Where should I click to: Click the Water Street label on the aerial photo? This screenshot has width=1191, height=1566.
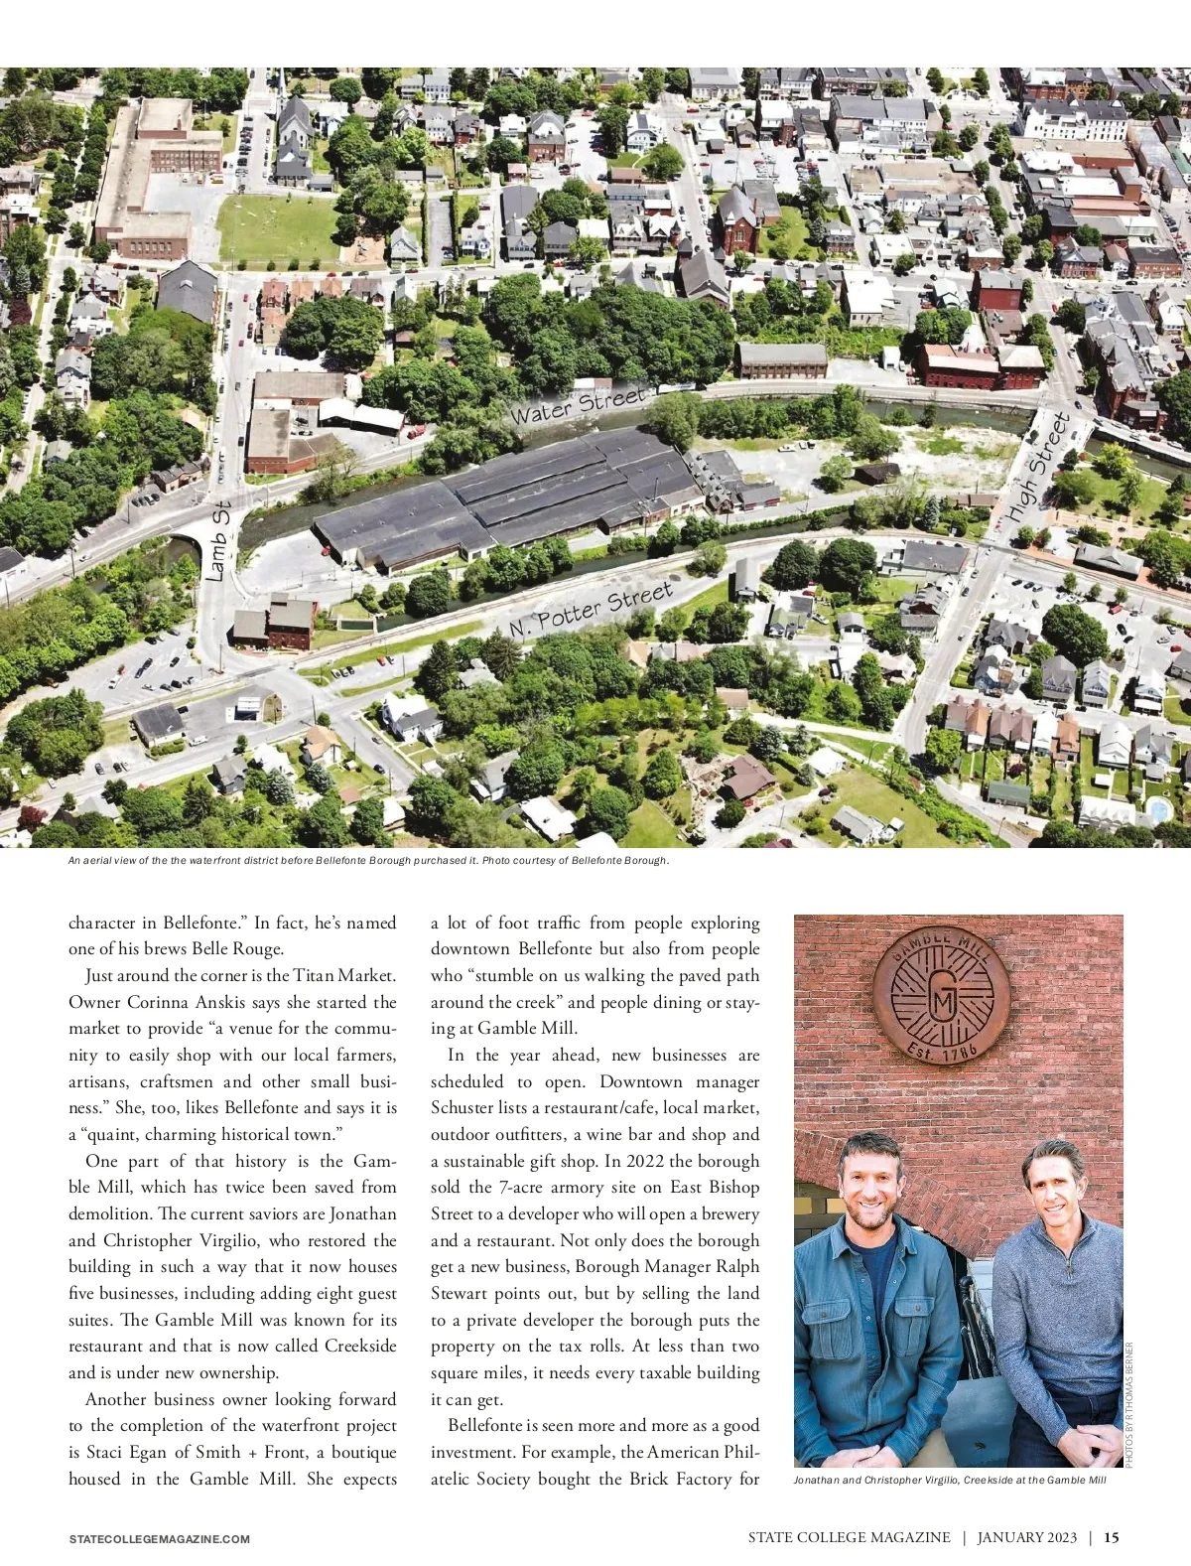pyautogui.click(x=578, y=405)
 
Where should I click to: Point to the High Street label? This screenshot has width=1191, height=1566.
pyautogui.click(x=1037, y=467)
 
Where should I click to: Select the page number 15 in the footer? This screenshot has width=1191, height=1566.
pyautogui.click(x=1112, y=1537)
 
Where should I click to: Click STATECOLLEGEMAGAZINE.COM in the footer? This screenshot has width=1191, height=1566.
pyautogui.click(x=159, y=1539)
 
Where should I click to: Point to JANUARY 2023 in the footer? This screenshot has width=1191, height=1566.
pyautogui.click(x=1026, y=1537)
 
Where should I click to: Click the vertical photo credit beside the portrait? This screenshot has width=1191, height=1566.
pyautogui.click(x=1129, y=1404)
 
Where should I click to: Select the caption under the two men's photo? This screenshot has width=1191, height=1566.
pyautogui.click(x=949, y=1480)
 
